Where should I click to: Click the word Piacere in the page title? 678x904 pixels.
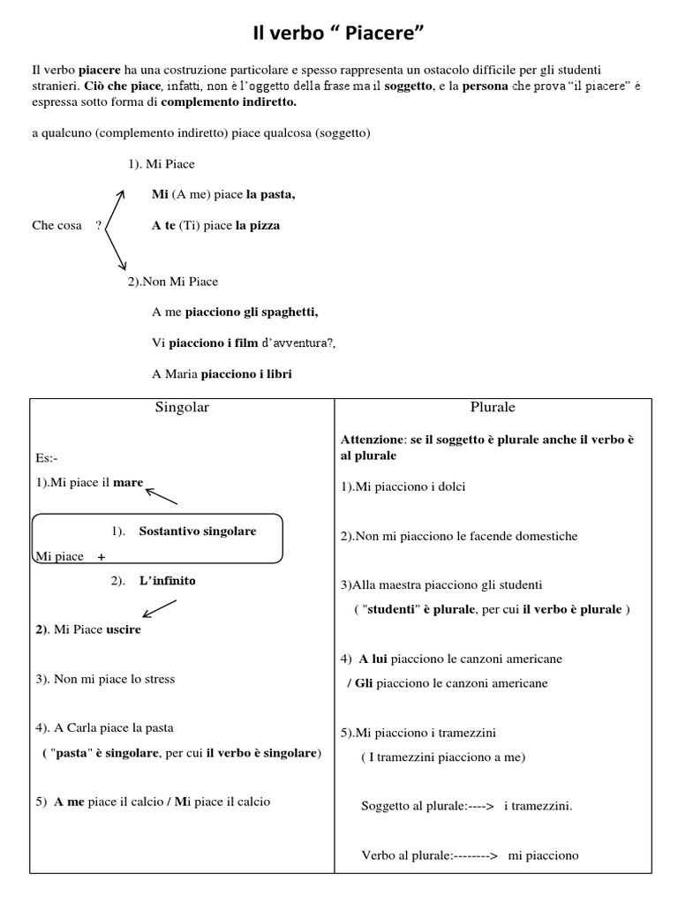[388, 34]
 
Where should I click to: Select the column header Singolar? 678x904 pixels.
[182, 408]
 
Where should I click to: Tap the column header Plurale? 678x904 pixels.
[493, 408]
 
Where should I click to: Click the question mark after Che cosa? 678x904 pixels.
[98, 225]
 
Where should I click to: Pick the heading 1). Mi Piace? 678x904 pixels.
[161, 164]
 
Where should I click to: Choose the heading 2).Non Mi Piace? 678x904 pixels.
[173, 282]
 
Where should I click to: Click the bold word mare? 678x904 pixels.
[128, 483]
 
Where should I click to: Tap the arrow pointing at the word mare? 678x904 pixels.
[162, 494]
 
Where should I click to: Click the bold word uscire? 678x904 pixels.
[124, 629]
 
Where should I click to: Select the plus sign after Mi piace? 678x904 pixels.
[102, 557]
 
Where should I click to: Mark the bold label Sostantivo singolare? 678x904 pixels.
[198, 531]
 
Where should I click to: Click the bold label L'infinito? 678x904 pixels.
[167, 581]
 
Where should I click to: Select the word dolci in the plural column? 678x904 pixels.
[448, 486]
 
